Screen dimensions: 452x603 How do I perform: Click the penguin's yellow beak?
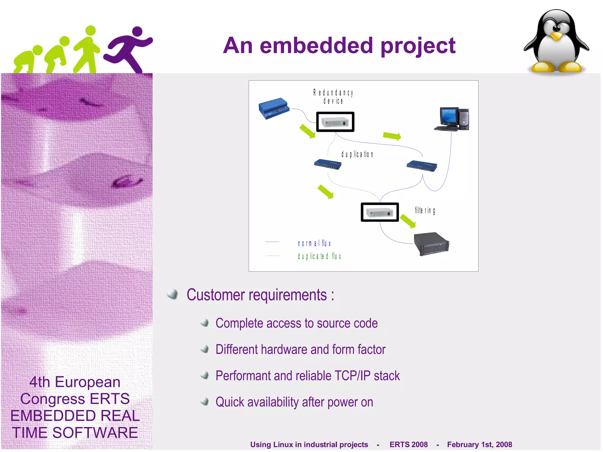(556, 37)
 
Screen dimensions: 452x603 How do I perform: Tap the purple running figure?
(129, 49)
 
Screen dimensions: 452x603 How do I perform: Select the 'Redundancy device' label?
(333, 97)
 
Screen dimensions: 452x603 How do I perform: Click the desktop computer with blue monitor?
(452, 119)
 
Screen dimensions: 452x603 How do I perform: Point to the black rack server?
(431, 244)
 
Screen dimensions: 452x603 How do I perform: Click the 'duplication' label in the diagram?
(357, 154)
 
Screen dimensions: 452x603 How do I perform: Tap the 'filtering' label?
(425, 210)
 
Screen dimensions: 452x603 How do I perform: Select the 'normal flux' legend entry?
(314, 244)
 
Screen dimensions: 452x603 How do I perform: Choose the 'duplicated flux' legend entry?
(319, 256)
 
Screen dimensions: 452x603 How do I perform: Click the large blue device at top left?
(274, 108)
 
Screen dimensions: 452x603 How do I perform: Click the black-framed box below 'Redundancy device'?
(335, 122)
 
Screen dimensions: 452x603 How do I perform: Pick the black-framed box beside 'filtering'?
(380, 212)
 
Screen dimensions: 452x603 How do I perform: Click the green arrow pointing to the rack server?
(408, 221)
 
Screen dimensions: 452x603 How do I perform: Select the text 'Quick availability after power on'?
(294, 402)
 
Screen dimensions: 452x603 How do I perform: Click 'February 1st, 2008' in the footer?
(479, 444)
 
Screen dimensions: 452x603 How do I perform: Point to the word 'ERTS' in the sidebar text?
(110, 399)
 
